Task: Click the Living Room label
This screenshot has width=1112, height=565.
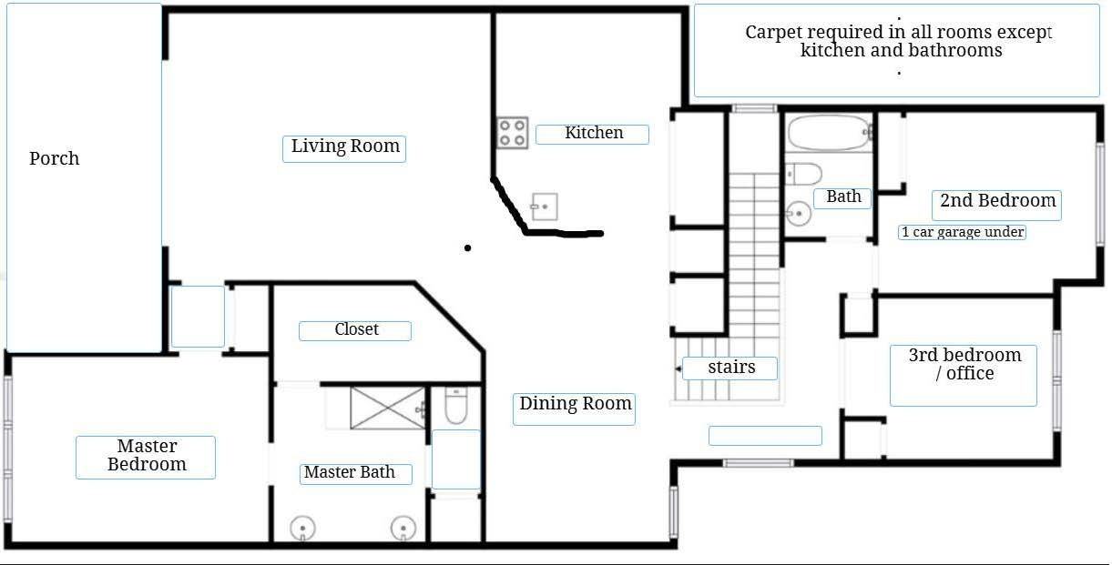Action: click(x=344, y=147)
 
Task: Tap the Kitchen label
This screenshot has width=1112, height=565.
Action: click(x=593, y=134)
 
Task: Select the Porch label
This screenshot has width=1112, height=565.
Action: click(x=55, y=159)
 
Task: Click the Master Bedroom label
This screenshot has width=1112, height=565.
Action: click(x=146, y=456)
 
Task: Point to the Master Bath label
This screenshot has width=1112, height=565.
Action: click(x=350, y=473)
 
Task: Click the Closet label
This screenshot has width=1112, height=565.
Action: click(x=356, y=330)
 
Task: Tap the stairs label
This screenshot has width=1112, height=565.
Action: click(x=731, y=368)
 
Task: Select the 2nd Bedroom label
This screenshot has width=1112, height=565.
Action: click(x=997, y=202)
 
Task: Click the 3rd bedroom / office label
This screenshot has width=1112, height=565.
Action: click(x=964, y=365)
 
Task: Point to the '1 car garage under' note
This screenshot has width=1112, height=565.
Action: click(x=963, y=233)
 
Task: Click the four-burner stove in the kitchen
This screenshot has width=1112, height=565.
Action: click(x=513, y=133)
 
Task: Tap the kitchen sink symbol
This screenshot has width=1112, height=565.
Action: click(x=545, y=207)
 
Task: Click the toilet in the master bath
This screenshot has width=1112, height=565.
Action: click(x=455, y=407)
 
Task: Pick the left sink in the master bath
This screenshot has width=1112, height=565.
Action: click(x=302, y=528)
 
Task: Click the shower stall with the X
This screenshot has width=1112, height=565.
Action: click(x=387, y=407)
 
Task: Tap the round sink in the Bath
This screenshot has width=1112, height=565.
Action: click(x=797, y=215)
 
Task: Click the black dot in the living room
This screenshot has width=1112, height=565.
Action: click(x=468, y=247)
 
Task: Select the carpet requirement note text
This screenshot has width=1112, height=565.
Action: click(x=898, y=42)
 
